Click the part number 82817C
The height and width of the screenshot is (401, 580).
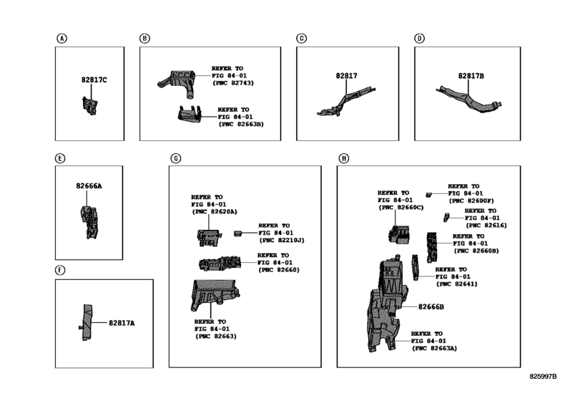[x=94, y=79]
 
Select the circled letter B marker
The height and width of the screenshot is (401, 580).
[x=144, y=38]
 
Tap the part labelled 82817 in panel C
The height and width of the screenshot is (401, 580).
[x=346, y=101]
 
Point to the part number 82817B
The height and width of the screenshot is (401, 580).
[x=471, y=75]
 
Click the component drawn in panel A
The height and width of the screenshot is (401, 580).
[x=90, y=105]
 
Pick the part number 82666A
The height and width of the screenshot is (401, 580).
[x=89, y=186]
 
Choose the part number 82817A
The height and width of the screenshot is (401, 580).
[x=122, y=323]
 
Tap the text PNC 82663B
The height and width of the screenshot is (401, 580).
[x=241, y=124]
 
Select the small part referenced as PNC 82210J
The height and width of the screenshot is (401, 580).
[x=237, y=233]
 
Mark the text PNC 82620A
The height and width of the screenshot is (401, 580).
[x=215, y=211]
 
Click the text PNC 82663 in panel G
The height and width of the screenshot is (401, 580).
[x=216, y=337]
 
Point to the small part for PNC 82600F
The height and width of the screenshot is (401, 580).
[x=428, y=194]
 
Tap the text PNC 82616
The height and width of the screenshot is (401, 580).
[x=486, y=225]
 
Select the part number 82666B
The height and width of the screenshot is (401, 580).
[x=431, y=306]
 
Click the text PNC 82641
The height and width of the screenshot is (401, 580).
[x=457, y=284]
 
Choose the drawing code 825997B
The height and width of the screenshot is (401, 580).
[x=543, y=377]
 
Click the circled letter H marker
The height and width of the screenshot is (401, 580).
[x=343, y=158]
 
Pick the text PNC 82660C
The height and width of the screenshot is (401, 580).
[x=401, y=208]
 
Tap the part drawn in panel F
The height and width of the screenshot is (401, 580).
[x=87, y=322]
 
